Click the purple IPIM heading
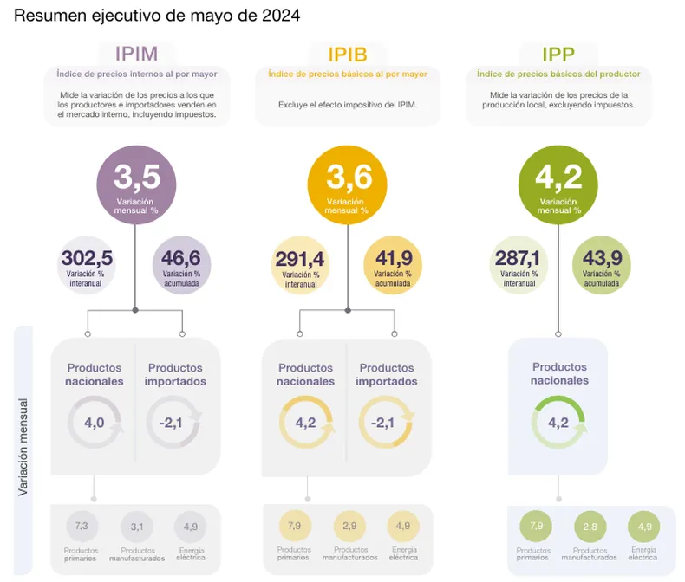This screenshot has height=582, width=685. pyautogui.click(x=136, y=55)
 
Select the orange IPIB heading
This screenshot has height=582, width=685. pyautogui.click(x=348, y=55)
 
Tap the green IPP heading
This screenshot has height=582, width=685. pyautogui.click(x=558, y=55)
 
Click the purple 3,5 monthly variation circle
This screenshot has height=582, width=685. pyautogui.click(x=136, y=183)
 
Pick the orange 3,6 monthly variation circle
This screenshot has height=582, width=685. pyautogui.click(x=348, y=183)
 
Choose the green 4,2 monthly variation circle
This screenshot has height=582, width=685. pyautogui.click(x=558, y=183)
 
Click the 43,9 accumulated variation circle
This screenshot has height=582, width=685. pyautogui.click(x=602, y=264)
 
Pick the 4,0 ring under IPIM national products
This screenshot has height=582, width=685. pyautogui.click(x=95, y=423)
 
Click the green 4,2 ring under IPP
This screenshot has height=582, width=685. pyautogui.click(x=558, y=423)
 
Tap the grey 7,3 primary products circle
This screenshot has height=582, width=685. pyautogui.click(x=82, y=527)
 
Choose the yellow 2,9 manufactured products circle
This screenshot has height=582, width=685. pyautogui.click(x=349, y=527)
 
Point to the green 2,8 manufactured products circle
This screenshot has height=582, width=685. pyautogui.click(x=590, y=527)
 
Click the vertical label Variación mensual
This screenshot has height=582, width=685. pyautogui.click(x=23, y=448)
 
